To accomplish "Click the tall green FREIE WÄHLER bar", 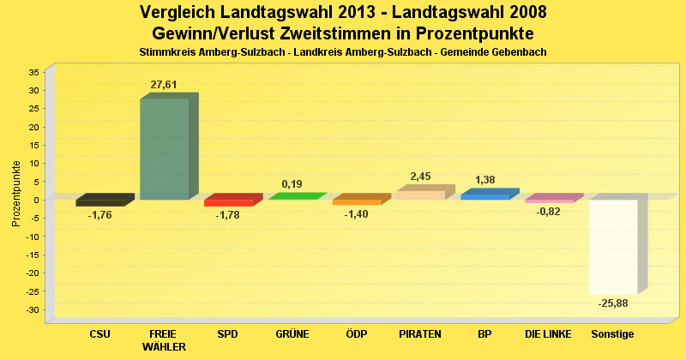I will pos(164,149).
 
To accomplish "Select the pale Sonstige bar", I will pos(613,247).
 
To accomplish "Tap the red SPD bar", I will pos(228,202).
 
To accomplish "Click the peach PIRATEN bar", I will pos(420,195).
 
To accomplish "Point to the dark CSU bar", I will pos(100,202).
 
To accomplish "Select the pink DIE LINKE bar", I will pos(549,201).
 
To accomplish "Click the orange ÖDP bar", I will pos(356,201).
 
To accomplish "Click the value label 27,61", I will pos(164,85).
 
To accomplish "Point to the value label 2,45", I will pos(420,177).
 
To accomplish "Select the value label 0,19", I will pos(292,184).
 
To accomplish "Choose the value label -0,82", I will pos(548,212).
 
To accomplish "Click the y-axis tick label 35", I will pos(33,71).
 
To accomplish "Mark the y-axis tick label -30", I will pos(32,309).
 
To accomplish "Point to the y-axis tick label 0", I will pos(37,199).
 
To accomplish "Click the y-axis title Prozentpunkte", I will pos(16,194).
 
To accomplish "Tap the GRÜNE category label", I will pos(292,334).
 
